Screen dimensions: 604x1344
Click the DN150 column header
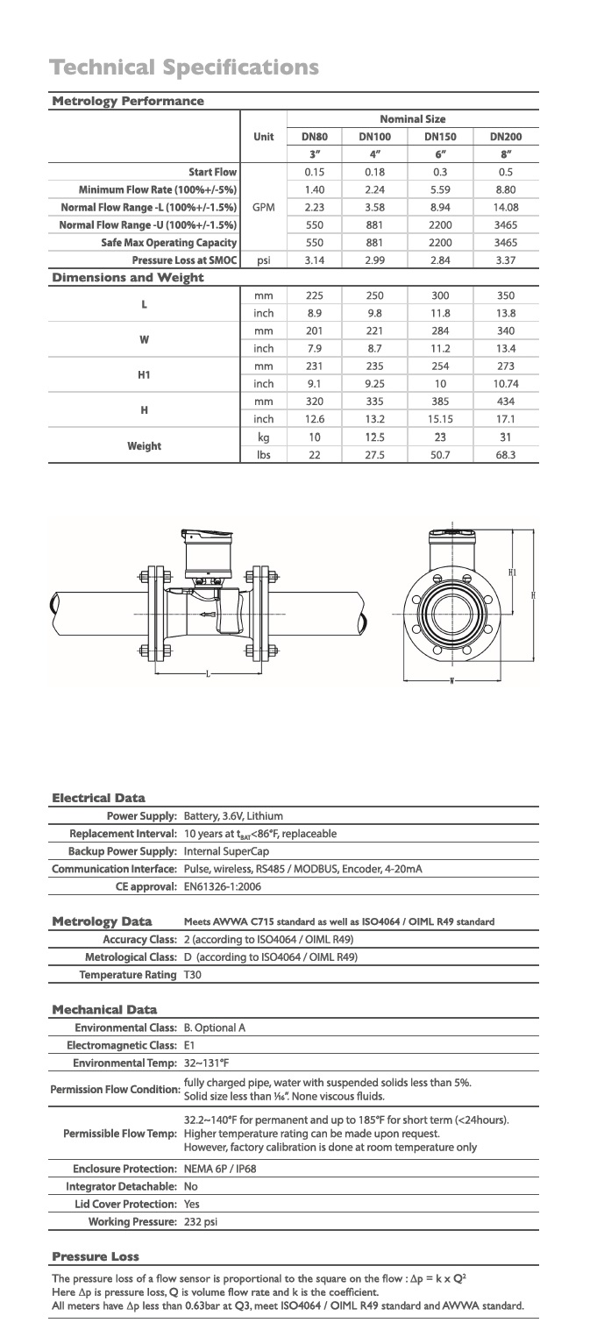pos(440,136)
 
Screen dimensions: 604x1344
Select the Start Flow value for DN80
pos(315,172)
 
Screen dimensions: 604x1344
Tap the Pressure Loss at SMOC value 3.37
pos(506,260)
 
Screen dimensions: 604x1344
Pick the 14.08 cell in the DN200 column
pos(506,207)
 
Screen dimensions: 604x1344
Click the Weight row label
pos(144,445)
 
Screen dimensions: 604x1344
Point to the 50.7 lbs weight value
pos(440,455)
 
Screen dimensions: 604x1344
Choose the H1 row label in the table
pos(144,375)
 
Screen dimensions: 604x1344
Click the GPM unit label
pos(263,207)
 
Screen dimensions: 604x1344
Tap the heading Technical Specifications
pos(184,68)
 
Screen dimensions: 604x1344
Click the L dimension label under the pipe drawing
pos(208,675)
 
